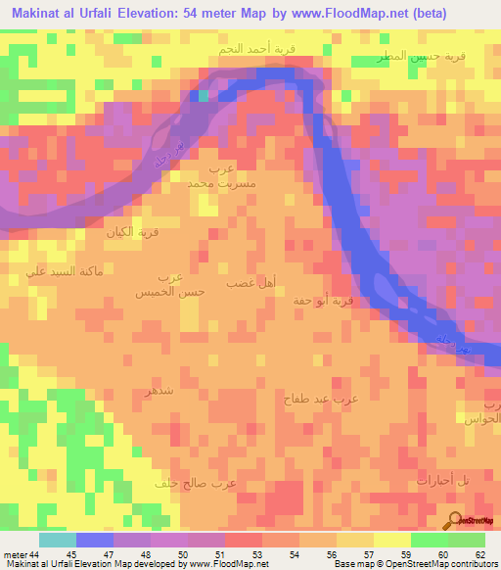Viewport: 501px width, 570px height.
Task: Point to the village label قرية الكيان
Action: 132,233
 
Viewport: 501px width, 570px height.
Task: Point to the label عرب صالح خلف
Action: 196,483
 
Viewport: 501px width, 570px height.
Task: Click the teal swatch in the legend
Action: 58,540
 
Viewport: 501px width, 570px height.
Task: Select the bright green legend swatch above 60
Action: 428,540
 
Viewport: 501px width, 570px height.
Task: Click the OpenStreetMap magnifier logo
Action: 455,520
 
